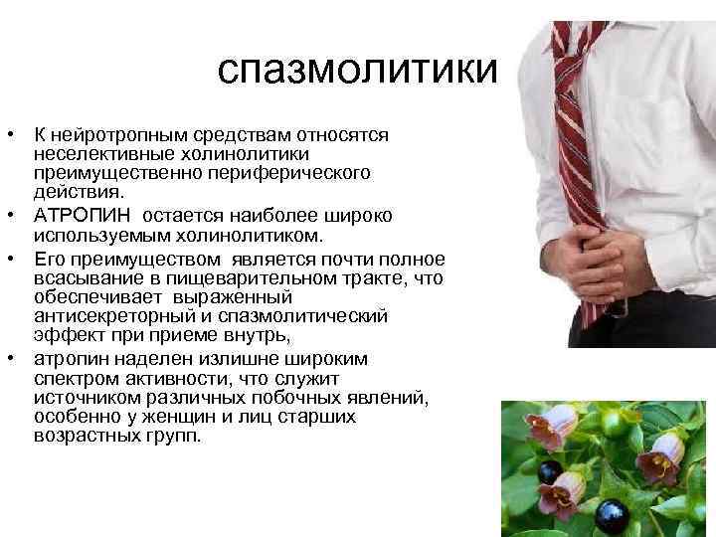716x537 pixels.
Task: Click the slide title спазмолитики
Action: [x=356, y=70]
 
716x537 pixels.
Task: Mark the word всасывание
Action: [x=81, y=277]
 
